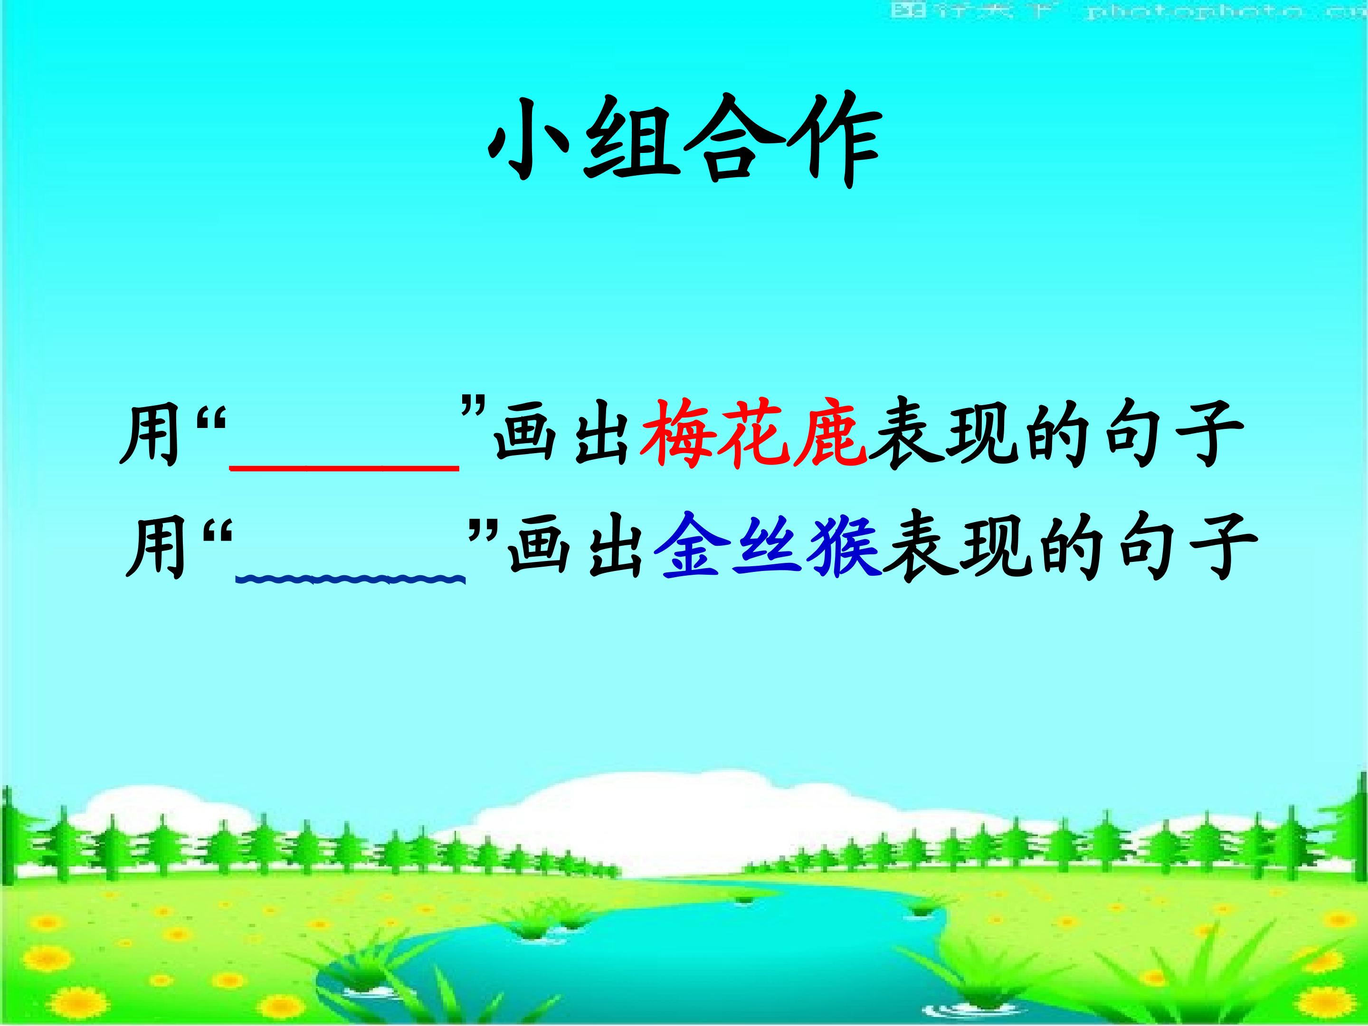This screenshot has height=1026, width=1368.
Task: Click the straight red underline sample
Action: [x=344, y=469]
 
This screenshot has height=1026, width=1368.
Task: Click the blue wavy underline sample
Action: [x=350, y=579]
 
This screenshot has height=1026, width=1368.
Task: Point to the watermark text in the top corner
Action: [x=1126, y=11]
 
